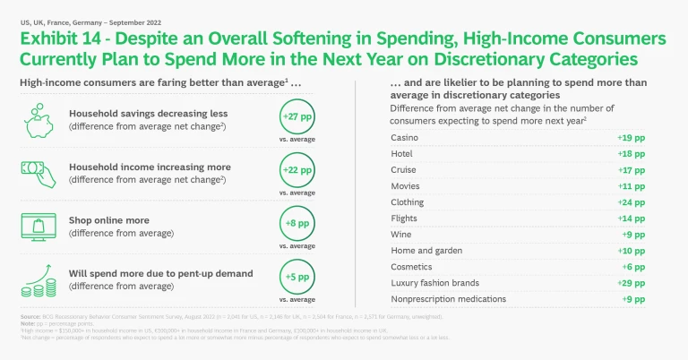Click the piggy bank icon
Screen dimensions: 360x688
(x=39, y=119)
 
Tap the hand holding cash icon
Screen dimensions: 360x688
(x=39, y=172)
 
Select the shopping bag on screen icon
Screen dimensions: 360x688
(x=39, y=225)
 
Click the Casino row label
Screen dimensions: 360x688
(x=405, y=138)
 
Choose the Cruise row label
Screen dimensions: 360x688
(x=404, y=170)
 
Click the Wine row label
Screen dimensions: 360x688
(x=401, y=235)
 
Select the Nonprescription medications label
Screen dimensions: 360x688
(x=449, y=299)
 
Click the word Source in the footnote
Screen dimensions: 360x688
(x=30, y=318)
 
